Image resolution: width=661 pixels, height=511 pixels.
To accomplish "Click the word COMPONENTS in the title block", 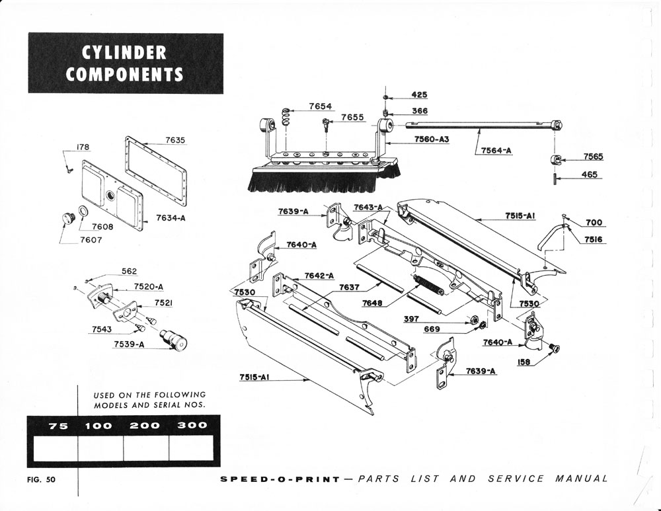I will point(124,73).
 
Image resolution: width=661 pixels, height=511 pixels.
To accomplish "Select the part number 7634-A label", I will point(171,217).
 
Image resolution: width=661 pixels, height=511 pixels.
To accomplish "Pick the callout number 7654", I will point(321,106).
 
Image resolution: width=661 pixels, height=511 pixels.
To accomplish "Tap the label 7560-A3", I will point(432,139).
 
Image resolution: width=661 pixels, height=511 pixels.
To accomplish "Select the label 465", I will point(590,175).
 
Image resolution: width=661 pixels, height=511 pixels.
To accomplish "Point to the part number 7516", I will point(593,240).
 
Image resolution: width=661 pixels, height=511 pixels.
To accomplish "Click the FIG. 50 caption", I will point(42,479).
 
